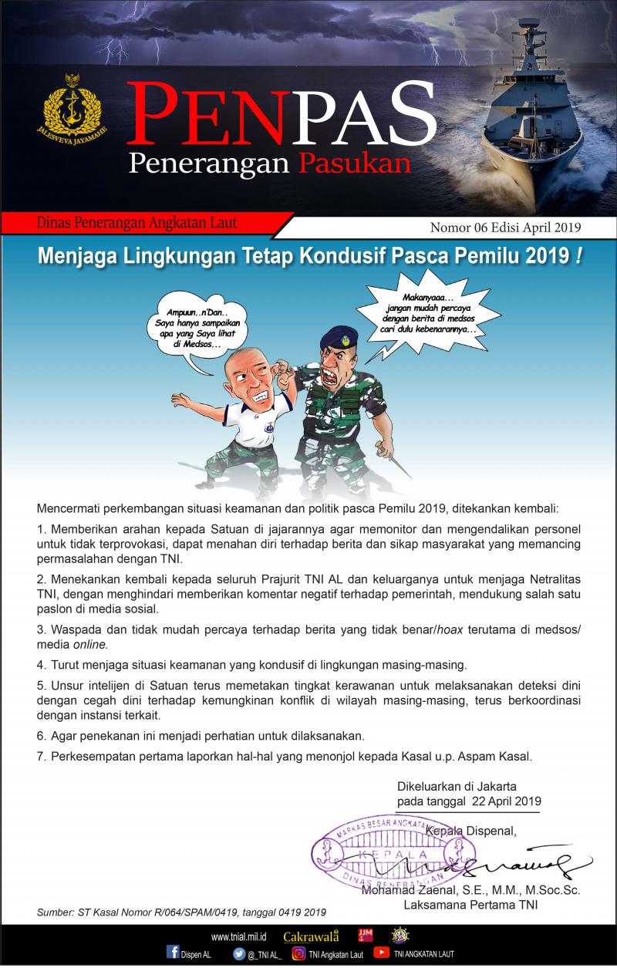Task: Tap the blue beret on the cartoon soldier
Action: [x=340, y=333]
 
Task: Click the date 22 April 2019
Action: [x=507, y=801]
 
